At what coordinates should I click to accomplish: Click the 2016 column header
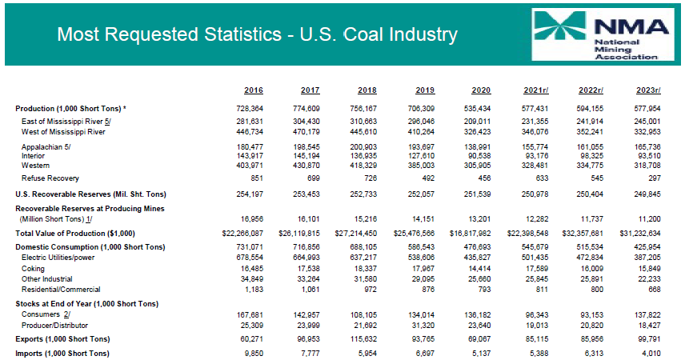[254, 90]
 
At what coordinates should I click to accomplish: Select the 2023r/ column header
[648, 90]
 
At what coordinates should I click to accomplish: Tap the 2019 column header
[425, 90]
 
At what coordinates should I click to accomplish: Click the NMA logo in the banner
[603, 34]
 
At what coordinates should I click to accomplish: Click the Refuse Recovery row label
[50, 178]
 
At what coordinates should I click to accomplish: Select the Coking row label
[33, 269]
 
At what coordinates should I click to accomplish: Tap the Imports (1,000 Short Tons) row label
[62, 354]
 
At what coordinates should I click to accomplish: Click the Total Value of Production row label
[75, 234]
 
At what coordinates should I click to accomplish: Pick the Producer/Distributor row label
[54, 326]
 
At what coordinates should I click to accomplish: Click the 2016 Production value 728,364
[250, 108]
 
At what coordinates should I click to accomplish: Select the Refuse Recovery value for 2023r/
[655, 178]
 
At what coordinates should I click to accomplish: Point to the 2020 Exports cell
[478, 339]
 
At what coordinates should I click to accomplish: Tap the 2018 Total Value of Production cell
[356, 234]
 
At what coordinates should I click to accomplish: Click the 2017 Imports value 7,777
[310, 354]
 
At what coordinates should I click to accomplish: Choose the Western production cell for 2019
[421, 166]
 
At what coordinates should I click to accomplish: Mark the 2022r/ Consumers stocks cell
[590, 315]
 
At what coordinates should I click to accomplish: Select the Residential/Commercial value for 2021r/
[542, 290]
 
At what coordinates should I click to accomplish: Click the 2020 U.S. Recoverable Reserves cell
[478, 194]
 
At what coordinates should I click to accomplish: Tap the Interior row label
[33, 156]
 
